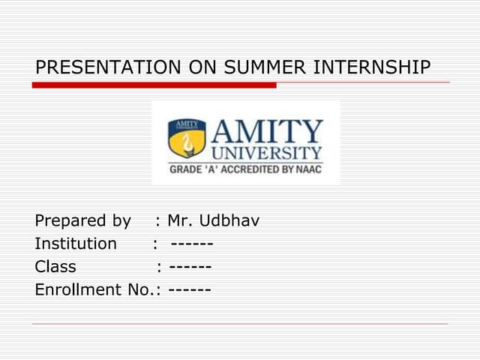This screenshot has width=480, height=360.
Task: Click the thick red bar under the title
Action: click(x=154, y=85)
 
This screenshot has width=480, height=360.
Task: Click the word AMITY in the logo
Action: click(x=267, y=133)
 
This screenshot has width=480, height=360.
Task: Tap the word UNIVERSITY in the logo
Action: click(x=267, y=153)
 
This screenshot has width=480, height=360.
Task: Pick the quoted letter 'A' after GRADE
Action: click(x=206, y=170)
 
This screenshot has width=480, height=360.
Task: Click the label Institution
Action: click(x=76, y=244)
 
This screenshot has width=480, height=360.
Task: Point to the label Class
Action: click(x=55, y=266)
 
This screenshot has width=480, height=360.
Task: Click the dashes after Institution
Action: click(x=192, y=244)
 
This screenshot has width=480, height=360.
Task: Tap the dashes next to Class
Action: click(x=190, y=266)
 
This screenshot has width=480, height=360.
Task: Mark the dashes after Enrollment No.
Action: click(x=190, y=289)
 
